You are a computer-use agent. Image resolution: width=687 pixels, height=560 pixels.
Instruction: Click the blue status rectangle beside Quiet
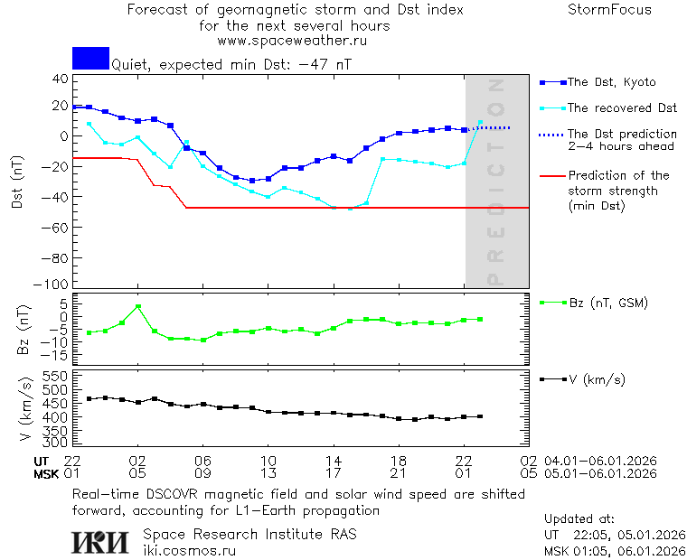90,58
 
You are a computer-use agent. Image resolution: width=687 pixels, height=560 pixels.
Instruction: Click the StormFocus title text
609,10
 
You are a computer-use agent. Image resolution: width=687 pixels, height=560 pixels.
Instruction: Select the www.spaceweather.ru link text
292,41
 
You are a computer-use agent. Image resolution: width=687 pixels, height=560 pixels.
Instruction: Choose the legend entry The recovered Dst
622,108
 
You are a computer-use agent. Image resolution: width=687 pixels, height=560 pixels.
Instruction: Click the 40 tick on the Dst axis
61,79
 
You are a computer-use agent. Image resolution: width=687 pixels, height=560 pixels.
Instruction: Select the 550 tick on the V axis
57,375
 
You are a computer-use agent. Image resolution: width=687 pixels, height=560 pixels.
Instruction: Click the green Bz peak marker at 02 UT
137,307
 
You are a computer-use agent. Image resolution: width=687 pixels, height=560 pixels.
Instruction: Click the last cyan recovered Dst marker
480,122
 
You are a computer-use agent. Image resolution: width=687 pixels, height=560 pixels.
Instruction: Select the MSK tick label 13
268,473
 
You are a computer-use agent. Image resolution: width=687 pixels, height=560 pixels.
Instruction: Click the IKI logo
100,542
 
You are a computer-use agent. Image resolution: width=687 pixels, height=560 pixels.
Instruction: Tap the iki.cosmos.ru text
190,550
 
